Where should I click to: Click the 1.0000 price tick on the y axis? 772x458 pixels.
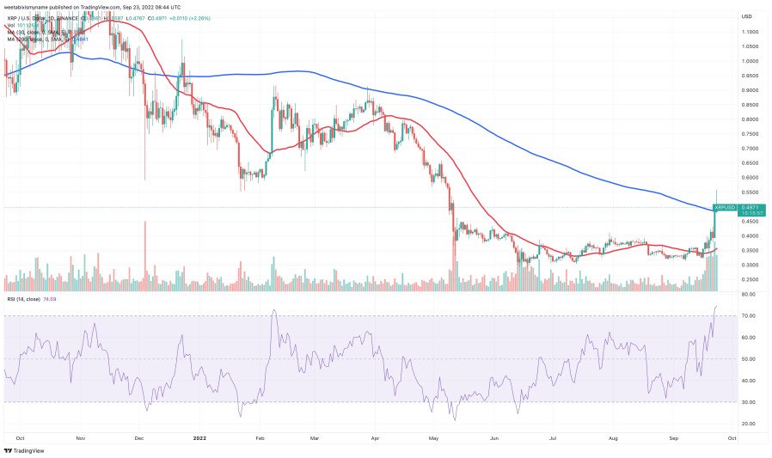click(751, 61)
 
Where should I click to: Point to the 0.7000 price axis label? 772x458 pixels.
click(751, 148)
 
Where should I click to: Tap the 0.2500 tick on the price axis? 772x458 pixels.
click(751, 279)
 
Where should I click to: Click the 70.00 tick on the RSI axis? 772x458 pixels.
click(750, 316)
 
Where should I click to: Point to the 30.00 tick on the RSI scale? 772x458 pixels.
click(750, 402)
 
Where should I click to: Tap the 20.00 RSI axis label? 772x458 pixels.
click(750, 424)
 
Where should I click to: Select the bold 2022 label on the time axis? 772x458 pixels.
click(199, 437)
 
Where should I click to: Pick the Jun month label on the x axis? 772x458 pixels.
click(494, 437)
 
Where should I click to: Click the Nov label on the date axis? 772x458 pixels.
click(80, 437)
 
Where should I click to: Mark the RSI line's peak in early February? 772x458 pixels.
click(273, 310)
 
